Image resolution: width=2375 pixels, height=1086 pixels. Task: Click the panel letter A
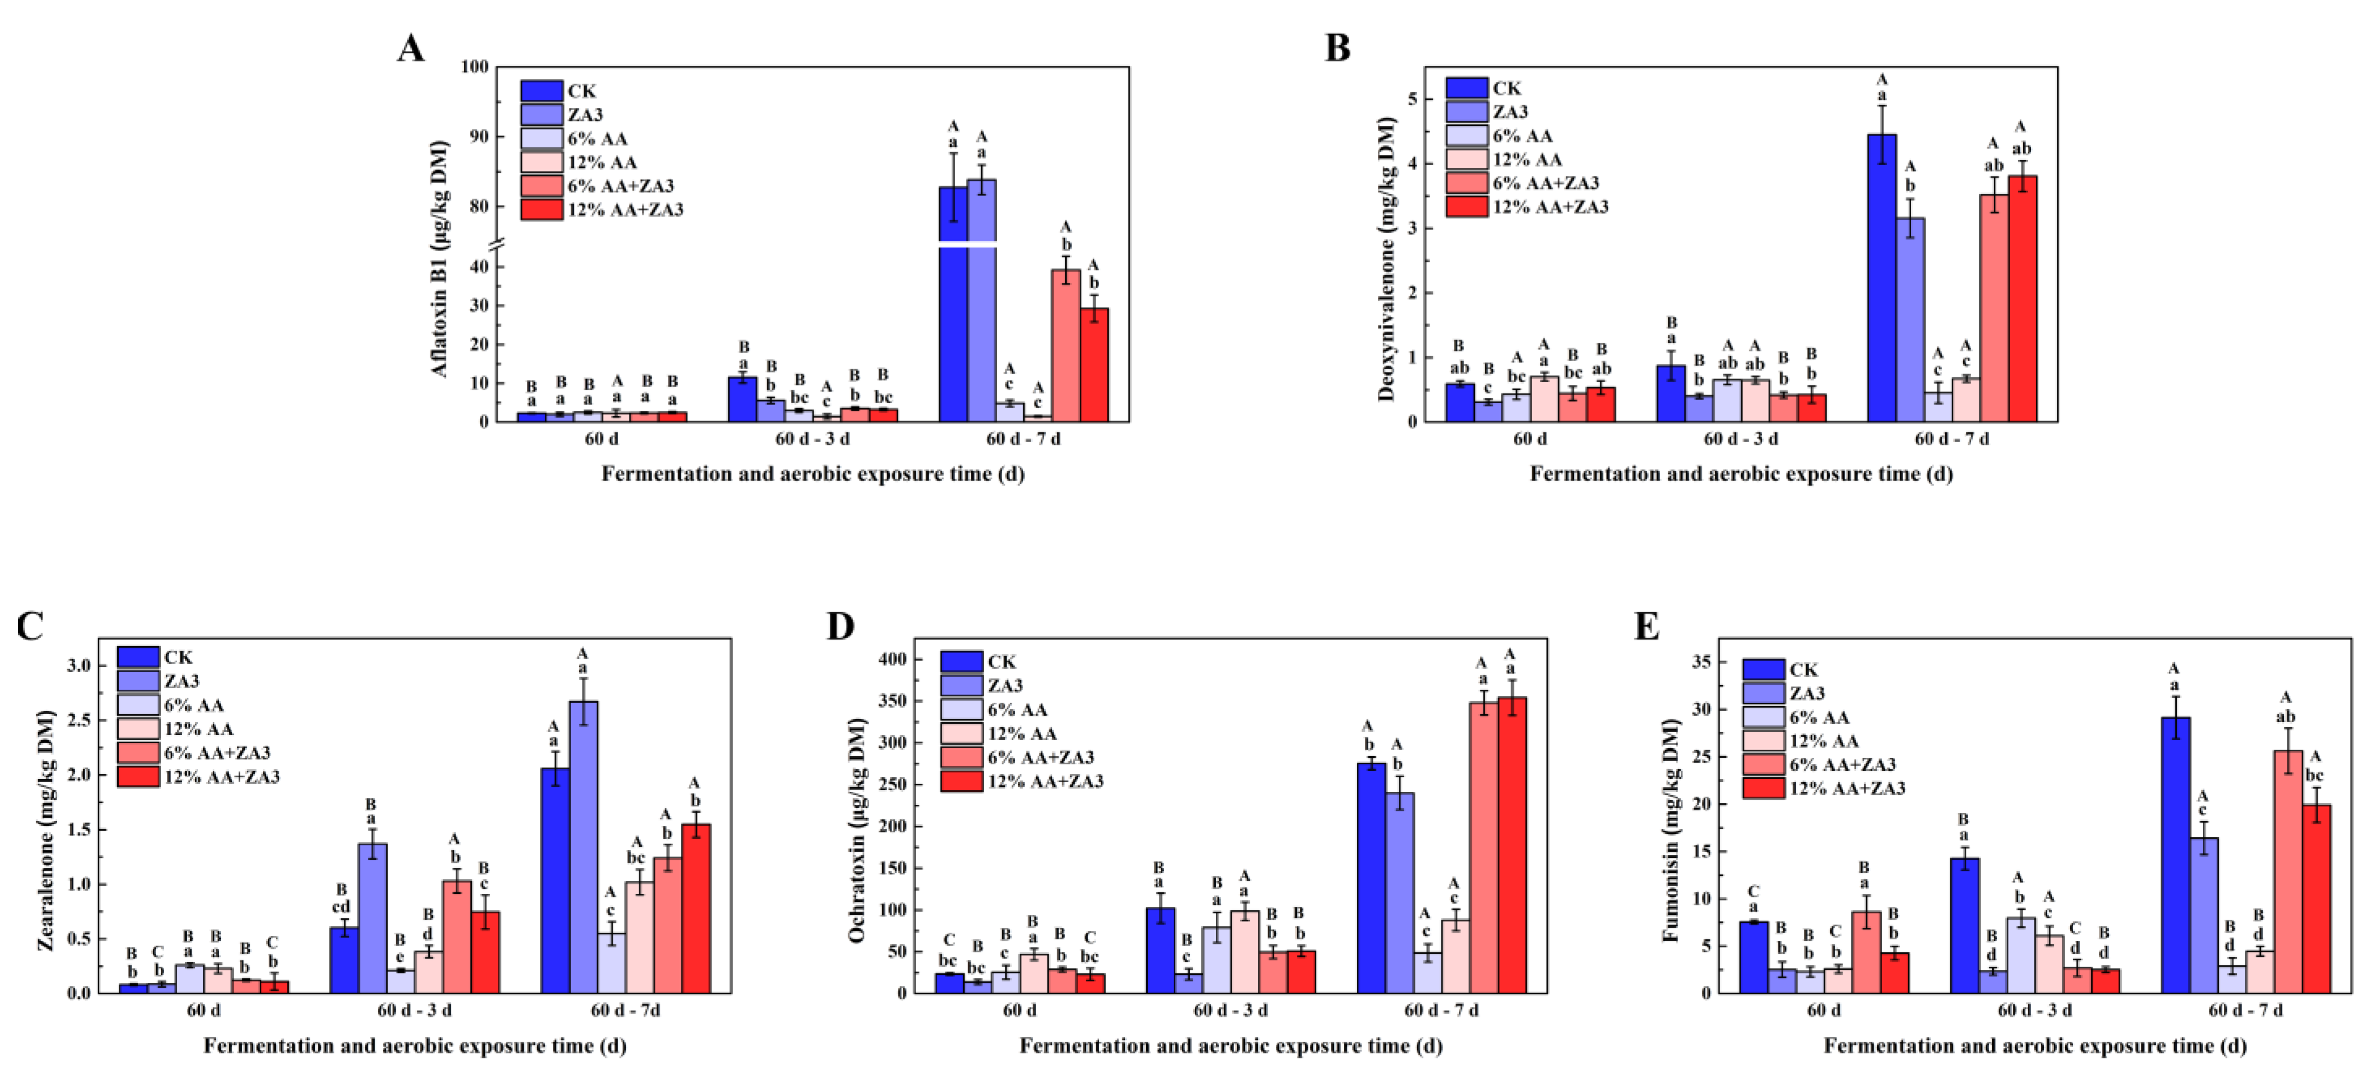click(411, 48)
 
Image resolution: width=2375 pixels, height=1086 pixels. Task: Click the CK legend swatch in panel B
click(1467, 89)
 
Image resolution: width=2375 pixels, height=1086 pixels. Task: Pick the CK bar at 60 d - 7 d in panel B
click(1882, 276)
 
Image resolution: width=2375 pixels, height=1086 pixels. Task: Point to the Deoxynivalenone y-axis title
click(1386, 258)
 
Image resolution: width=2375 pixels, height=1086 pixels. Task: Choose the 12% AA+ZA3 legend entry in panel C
click(221, 776)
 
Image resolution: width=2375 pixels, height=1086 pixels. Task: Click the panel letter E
click(1647, 627)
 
